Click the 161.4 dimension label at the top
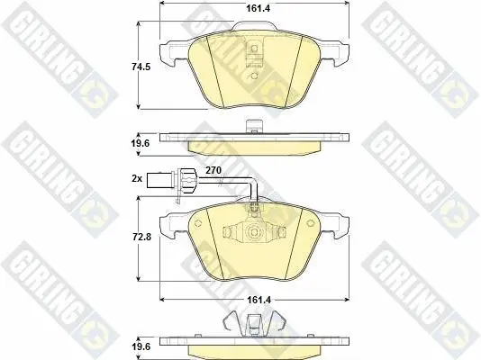coord(259,8)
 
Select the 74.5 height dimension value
coord(141,67)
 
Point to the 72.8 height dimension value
coord(141,237)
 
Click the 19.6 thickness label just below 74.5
coord(141,143)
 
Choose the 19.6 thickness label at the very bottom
coord(141,346)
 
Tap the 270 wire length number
coord(213,170)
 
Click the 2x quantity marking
coord(137,178)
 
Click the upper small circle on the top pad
coord(254,49)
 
